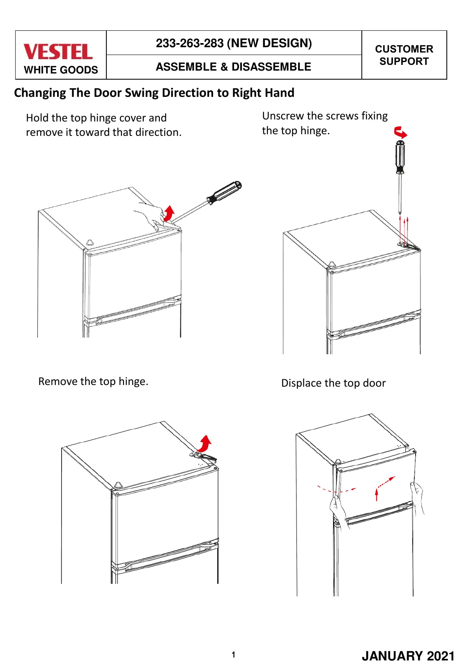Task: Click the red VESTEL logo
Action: (x=58, y=52)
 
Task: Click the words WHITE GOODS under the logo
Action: (x=61, y=70)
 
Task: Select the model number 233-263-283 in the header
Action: (x=190, y=43)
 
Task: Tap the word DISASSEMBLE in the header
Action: (x=271, y=66)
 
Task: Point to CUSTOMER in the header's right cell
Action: (x=404, y=49)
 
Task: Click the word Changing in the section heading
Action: (x=40, y=93)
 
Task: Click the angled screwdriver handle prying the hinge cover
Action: (x=224, y=193)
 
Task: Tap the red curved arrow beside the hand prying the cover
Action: (x=169, y=213)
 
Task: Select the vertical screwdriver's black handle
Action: (x=400, y=157)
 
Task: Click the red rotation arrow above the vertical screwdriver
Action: (x=400, y=132)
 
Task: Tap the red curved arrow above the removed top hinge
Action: (x=205, y=443)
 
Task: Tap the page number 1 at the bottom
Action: (x=234, y=655)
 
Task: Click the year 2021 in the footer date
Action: (x=441, y=656)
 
